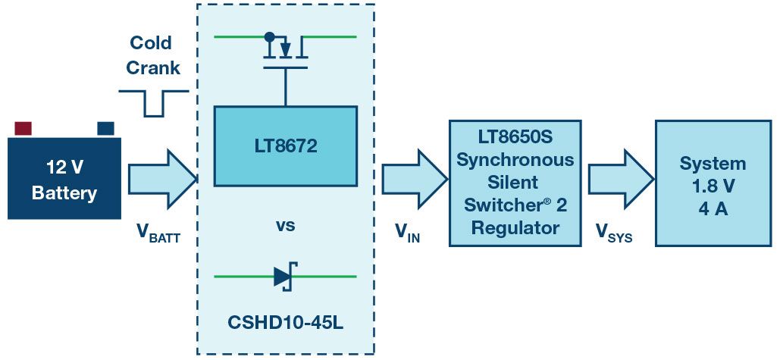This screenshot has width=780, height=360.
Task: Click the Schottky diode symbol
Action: click(284, 277)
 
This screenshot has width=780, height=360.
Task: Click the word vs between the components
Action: click(285, 225)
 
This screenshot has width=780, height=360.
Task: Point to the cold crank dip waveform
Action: click(154, 104)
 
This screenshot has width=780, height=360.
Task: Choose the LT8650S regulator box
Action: click(515, 183)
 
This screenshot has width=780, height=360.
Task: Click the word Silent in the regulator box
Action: click(515, 183)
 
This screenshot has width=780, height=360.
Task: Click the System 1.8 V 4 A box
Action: click(713, 183)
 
